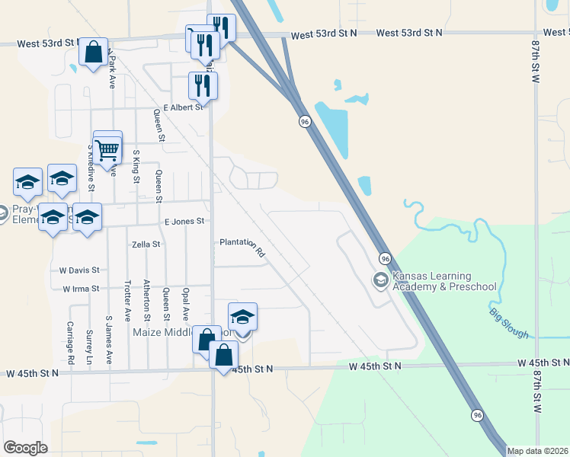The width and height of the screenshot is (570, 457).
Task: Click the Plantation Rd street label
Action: [x=242, y=246]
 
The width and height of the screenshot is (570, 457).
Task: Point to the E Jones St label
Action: [x=185, y=221]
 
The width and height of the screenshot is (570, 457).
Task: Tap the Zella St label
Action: [x=146, y=244]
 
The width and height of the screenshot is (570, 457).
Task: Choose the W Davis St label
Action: [x=79, y=270]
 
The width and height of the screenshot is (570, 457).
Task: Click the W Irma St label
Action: [x=80, y=289]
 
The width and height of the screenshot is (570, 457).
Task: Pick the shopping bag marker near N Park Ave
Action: [x=93, y=53]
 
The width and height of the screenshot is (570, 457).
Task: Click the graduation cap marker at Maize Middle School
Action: [x=242, y=317]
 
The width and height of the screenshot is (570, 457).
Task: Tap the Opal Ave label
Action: [x=185, y=302]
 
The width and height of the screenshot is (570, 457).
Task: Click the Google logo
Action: [x=26, y=448]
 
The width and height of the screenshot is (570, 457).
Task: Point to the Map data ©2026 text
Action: [x=537, y=451]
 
